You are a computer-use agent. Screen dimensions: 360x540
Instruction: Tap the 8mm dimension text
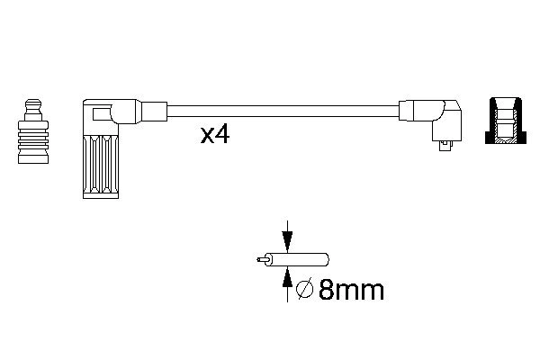350,290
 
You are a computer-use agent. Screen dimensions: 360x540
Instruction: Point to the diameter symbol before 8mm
304,290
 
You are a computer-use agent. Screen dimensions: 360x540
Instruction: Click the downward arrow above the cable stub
287,238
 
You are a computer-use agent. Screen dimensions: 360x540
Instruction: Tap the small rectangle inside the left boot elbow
97,114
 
